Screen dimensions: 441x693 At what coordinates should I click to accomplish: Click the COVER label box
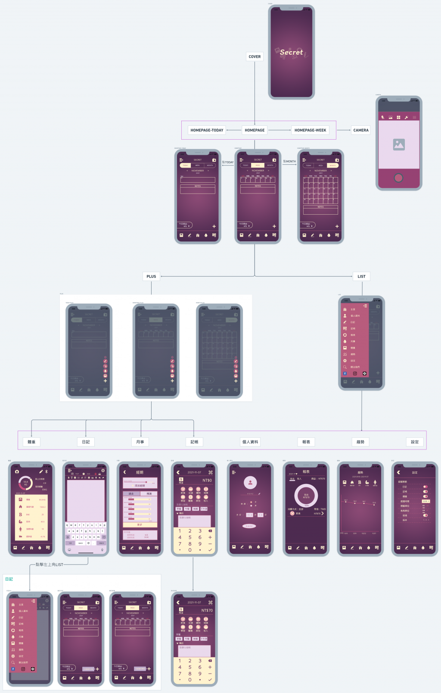[255, 56]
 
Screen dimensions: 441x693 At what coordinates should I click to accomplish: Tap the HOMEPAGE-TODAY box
[207, 130]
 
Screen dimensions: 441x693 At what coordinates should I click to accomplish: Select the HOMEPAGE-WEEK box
[310, 130]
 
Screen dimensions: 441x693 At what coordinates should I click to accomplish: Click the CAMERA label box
[361, 130]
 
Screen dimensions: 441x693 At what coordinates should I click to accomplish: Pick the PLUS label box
[151, 276]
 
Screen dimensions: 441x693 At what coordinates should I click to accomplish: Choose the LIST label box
[361, 276]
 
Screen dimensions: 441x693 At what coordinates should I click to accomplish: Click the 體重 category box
[31, 442]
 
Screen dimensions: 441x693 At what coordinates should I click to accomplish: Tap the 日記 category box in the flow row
[86, 442]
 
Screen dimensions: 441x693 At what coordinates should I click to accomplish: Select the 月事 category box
[140, 442]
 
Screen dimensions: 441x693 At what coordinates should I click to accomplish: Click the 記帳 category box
[194, 442]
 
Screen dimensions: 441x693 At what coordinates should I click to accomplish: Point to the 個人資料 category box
[250, 442]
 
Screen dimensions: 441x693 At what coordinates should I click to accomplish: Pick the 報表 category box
[306, 442]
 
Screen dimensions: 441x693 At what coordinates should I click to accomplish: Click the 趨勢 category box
[360, 442]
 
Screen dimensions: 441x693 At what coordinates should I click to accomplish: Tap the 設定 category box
[415, 442]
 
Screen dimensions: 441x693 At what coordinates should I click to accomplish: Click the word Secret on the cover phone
[292, 52]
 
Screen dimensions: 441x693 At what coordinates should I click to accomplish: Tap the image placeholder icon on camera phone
[399, 144]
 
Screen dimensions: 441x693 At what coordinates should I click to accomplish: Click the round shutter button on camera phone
[398, 178]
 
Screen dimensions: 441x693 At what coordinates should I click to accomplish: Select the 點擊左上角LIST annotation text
[49, 564]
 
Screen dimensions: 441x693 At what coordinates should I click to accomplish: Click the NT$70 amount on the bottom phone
[207, 610]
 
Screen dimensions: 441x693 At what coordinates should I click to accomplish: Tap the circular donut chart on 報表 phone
[306, 496]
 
